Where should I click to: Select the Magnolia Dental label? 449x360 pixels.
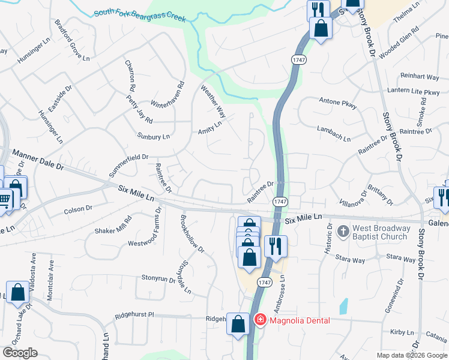click(299, 320)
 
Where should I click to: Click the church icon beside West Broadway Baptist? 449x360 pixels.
click(343, 231)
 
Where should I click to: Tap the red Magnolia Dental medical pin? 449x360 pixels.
click(260, 320)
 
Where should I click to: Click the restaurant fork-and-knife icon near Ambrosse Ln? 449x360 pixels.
click(276, 246)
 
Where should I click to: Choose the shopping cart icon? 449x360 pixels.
click(5, 199)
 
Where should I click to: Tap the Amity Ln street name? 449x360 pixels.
click(210, 127)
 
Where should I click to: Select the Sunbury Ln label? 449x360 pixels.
click(150, 137)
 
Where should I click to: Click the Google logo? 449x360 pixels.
click(20, 353)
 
